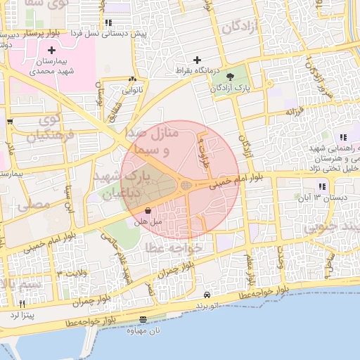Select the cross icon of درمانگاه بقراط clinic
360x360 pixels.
197,60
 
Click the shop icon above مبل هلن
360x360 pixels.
148,211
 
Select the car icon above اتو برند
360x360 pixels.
207,295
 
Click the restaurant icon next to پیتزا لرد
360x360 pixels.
22,304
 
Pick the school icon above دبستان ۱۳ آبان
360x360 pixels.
321,186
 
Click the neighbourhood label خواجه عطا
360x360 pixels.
174,248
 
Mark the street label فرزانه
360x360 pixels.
295,111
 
